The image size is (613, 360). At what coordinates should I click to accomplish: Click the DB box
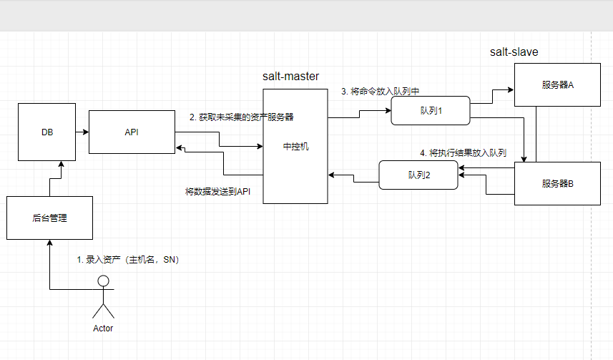coord(47,132)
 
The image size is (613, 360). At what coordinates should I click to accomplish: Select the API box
coord(132,132)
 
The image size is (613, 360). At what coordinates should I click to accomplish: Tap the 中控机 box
coord(295,146)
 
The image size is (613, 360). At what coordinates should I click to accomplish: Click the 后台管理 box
coord(49,217)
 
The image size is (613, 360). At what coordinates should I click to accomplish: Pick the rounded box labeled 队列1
coord(429,110)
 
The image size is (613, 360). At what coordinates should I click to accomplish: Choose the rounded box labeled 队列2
coord(418,175)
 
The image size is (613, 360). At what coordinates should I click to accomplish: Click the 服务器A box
coord(558,84)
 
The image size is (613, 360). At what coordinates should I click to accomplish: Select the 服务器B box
coord(558,184)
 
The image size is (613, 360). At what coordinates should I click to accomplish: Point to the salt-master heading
coord(290,76)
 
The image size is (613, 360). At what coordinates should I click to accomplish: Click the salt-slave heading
coord(514,52)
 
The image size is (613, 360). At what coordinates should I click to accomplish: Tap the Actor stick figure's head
coord(104,281)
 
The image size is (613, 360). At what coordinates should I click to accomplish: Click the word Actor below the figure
coord(103,329)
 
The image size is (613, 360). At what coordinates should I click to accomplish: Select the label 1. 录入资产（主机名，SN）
coord(127,260)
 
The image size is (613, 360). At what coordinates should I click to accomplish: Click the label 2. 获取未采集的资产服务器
coord(241,117)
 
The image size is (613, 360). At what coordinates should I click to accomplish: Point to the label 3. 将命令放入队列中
coord(380,92)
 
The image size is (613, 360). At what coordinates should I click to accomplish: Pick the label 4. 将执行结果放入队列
coord(463,152)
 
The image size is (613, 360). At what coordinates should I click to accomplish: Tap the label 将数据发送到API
coord(217,191)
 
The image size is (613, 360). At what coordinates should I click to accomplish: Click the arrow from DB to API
coord(82,132)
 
